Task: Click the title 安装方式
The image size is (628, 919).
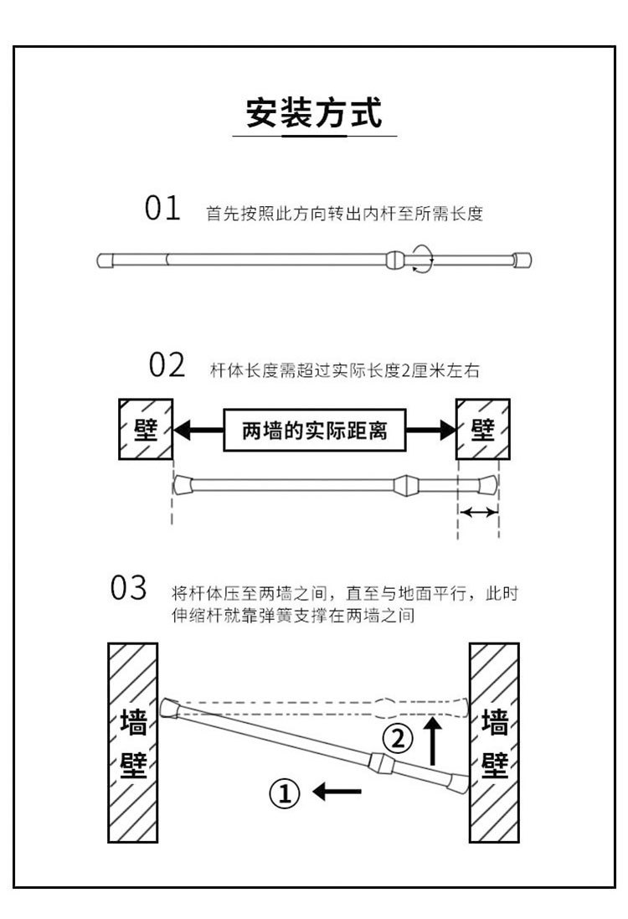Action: click(313, 112)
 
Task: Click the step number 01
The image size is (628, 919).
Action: click(162, 209)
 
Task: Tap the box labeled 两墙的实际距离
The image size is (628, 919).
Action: click(314, 431)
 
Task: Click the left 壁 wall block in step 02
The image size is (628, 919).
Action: click(145, 429)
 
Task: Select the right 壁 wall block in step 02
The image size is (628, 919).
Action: click(481, 429)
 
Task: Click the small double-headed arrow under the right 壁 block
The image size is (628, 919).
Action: click(478, 512)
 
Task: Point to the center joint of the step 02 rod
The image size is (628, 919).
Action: click(404, 484)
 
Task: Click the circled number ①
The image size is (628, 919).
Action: click(285, 790)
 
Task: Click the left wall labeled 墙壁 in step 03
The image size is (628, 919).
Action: click(134, 742)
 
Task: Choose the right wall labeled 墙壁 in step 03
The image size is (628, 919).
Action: click(494, 742)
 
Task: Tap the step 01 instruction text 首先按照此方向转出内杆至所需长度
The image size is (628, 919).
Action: click(345, 214)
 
